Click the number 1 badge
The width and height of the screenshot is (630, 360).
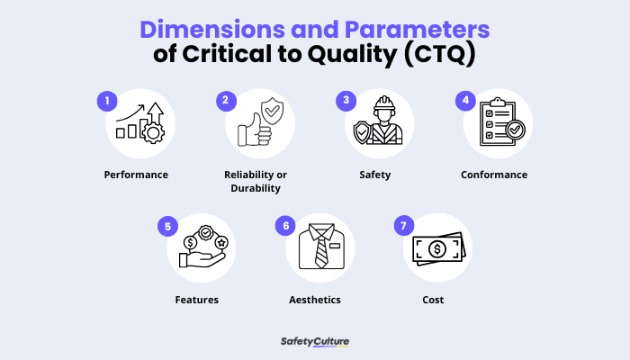coord(107,101)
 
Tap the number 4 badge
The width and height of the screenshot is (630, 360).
coord(466,101)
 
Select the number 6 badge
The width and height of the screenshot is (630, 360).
coord(286,226)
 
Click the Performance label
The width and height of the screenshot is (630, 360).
coord(136,175)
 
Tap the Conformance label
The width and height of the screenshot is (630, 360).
coord(494,175)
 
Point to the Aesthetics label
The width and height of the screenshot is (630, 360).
coord(315,300)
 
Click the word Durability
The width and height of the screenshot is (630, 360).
coord(256,189)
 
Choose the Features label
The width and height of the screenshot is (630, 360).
coord(196,300)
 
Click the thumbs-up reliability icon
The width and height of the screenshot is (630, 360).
coord(259,124)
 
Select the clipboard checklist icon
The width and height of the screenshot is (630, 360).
coord(498,123)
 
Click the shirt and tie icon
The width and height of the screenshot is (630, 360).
coord(319,247)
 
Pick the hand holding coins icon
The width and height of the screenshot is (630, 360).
coord(200,247)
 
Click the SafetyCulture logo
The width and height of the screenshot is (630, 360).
coord(314,341)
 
